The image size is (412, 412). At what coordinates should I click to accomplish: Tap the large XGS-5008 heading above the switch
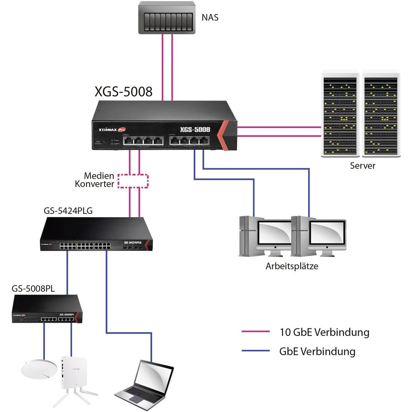tap(124, 91)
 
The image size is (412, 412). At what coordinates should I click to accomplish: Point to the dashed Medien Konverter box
tap(133, 181)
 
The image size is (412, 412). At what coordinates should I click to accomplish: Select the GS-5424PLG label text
tap(68, 211)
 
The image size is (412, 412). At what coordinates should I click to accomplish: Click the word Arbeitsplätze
tap(292, 266)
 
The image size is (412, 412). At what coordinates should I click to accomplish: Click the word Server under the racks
tap(363, 166)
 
